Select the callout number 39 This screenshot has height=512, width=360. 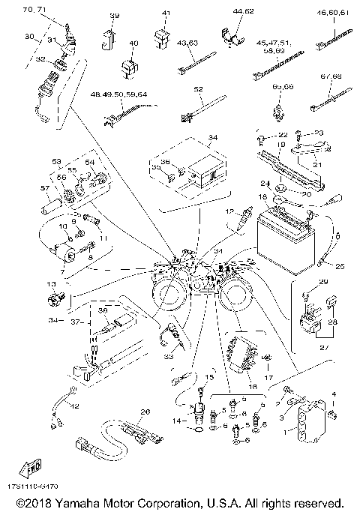(x=115, y=15)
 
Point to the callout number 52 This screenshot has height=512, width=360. (x=198, y=88)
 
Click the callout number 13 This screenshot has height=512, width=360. (x=50, y=285)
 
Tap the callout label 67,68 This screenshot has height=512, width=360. (x=331, y=76)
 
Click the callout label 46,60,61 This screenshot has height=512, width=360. (x=333, y=13)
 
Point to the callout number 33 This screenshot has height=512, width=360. (x=178, y=357)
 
